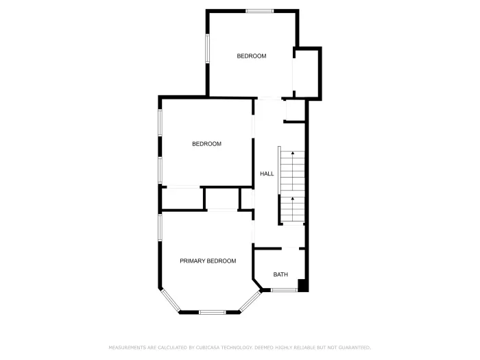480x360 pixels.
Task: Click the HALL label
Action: pos(267,174)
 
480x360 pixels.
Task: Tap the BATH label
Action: pos(280,275)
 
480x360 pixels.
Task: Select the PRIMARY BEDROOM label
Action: pos(208,261)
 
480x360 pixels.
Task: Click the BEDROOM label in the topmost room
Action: pos(252,56)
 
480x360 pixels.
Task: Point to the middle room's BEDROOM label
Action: pos(206,144)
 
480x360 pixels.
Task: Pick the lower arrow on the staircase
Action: pos(293,200)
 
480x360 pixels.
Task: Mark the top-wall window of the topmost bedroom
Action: pos(260,11)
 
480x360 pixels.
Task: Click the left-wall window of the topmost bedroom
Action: pos(207,49)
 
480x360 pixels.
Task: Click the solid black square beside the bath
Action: pos(303,285)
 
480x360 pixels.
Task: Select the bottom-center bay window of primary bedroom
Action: pos(212,313)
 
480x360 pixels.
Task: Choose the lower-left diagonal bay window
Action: pos(169,302)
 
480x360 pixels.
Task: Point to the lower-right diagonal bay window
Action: pos(251,302)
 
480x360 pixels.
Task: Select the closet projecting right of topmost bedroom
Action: pos(307,73)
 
